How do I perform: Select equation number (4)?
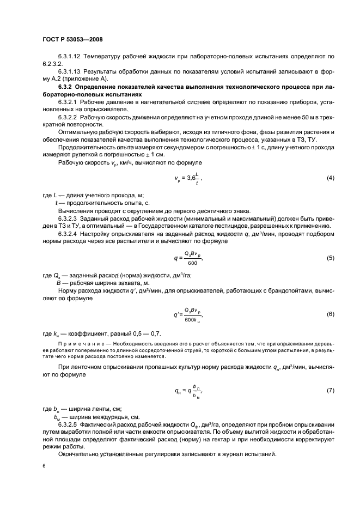[330, 178]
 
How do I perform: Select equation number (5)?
[330, 258]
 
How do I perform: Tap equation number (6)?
[330, 314]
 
